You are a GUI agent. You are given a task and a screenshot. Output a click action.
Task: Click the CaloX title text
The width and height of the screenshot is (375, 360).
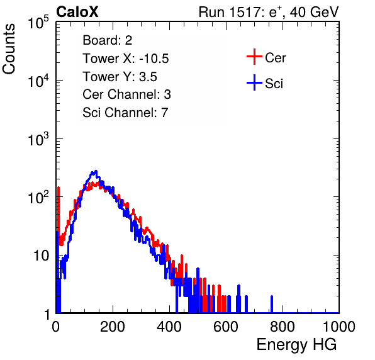tap(77, 12)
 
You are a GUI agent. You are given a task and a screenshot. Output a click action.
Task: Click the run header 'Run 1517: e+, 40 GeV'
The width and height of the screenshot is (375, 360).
tap(269, 12)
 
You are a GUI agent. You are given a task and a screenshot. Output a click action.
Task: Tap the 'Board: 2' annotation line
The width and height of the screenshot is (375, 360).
tap(108, 40)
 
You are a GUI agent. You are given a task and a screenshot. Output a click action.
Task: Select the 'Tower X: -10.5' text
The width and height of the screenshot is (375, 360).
tap(126, 59)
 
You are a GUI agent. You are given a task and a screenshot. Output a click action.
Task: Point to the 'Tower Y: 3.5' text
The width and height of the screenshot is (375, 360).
tap(120, 77)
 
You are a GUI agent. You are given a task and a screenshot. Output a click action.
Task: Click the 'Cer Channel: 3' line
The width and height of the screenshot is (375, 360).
tap(126, 94)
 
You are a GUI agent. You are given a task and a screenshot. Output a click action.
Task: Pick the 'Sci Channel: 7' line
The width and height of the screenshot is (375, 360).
tap(126, 112)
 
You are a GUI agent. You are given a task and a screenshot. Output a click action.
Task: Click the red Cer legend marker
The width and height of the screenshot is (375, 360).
tap(254, 57)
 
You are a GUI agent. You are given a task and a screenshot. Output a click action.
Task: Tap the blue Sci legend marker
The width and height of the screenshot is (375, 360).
tap(254, 83)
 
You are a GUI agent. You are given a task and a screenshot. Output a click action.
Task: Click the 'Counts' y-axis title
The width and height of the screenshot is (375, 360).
tap(9, 49)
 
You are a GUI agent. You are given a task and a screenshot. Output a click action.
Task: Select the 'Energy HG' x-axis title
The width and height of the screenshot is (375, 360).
tap(296, 344)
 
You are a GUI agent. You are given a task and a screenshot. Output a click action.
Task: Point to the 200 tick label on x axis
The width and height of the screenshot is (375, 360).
tap(113, 327)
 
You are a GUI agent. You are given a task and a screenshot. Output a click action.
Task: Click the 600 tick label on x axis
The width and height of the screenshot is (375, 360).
tap(226, 327)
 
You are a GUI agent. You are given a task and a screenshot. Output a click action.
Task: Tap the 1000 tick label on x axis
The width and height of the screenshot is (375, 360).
tap(339, 327)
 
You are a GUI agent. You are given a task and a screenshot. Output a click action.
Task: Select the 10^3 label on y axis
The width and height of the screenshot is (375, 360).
tap(38, 139)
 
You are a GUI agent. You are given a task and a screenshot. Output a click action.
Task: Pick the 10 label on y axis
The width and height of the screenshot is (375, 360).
tap(41, 256)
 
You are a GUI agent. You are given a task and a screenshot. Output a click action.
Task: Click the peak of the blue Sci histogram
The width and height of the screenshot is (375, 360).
tap(96, 171)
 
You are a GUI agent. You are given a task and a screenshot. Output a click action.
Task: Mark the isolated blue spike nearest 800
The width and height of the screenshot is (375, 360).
tap(272, 304)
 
